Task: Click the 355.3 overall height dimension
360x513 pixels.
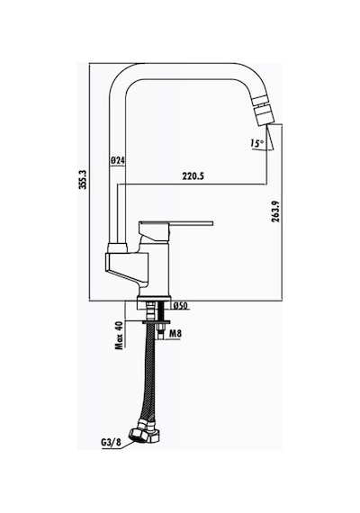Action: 83,179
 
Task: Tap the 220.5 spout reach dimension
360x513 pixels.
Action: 193,176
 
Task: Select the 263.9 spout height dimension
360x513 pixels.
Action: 275,211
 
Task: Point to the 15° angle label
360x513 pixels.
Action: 256,143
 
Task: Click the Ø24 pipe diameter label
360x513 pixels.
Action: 118,160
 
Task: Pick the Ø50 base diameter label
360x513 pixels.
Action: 180,306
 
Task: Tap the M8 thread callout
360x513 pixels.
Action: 175,334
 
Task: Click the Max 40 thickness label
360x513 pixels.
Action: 119,336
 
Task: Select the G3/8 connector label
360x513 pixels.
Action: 111,443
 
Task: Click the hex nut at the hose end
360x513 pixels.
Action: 143,434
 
